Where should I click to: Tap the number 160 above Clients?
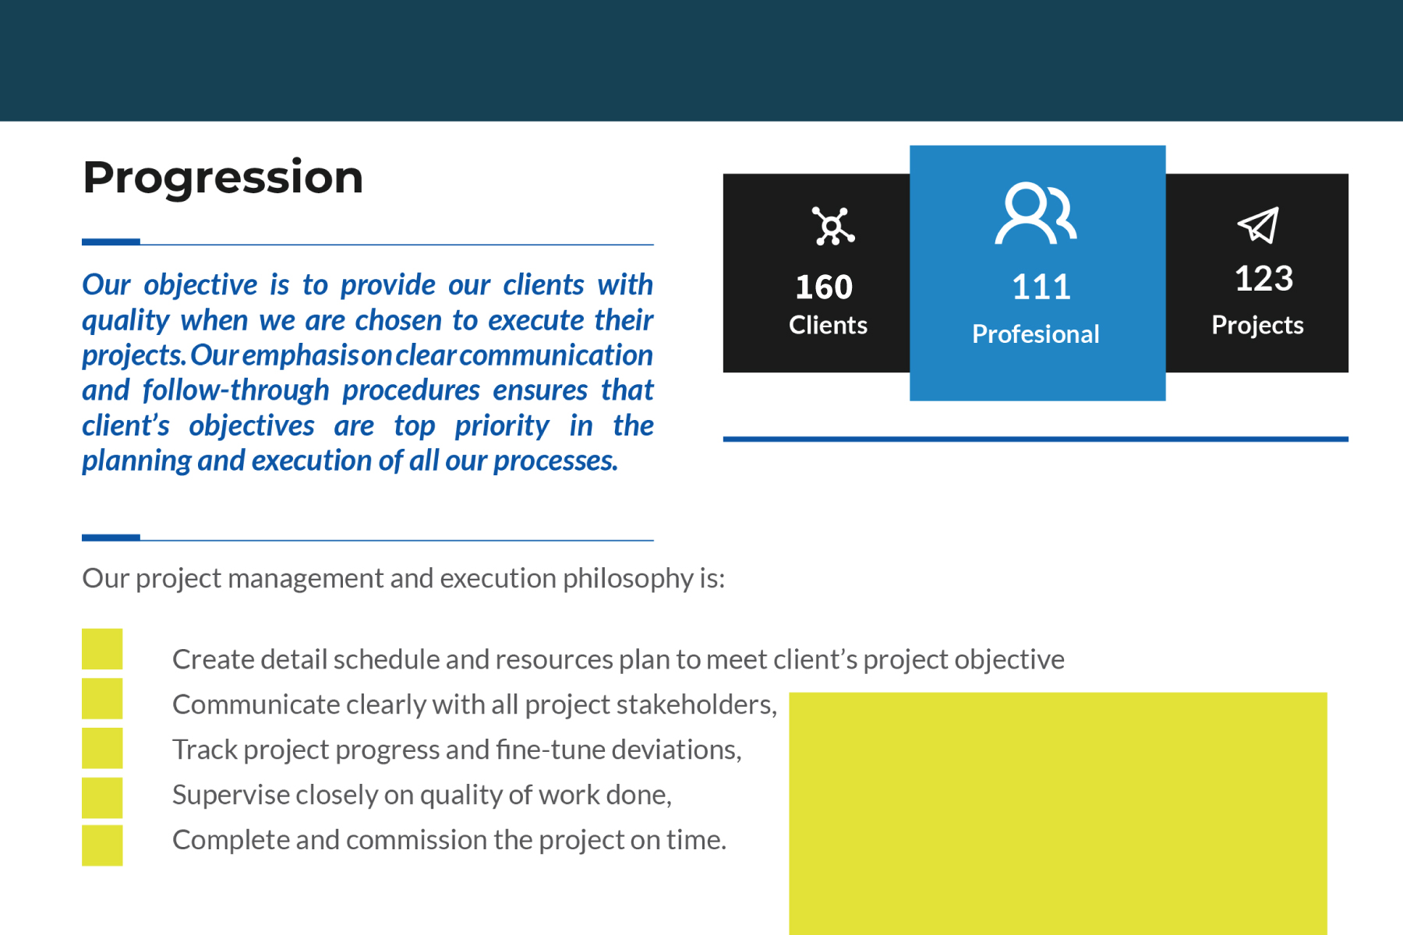(824, 287)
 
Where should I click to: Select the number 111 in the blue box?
(1041, 287)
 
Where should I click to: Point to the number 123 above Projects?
(1263, 278)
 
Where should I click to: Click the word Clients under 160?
(828, 325)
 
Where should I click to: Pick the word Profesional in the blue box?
(1036, 333)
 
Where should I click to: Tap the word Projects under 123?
(1257, 326)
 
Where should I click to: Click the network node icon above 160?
(833, 226)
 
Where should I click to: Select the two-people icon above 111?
(1036, 213)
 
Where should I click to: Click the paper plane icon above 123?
(1259, 225)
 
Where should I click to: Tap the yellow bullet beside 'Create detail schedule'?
(102, 649)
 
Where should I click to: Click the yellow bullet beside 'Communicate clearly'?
(102, 698)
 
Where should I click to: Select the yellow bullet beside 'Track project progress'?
(102, 748)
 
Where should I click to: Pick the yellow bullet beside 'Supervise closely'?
(102, 797)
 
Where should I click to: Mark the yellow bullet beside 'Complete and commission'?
(102, 845)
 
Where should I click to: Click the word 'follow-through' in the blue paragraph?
(236, 390)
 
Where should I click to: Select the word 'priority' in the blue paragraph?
(502, 426)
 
